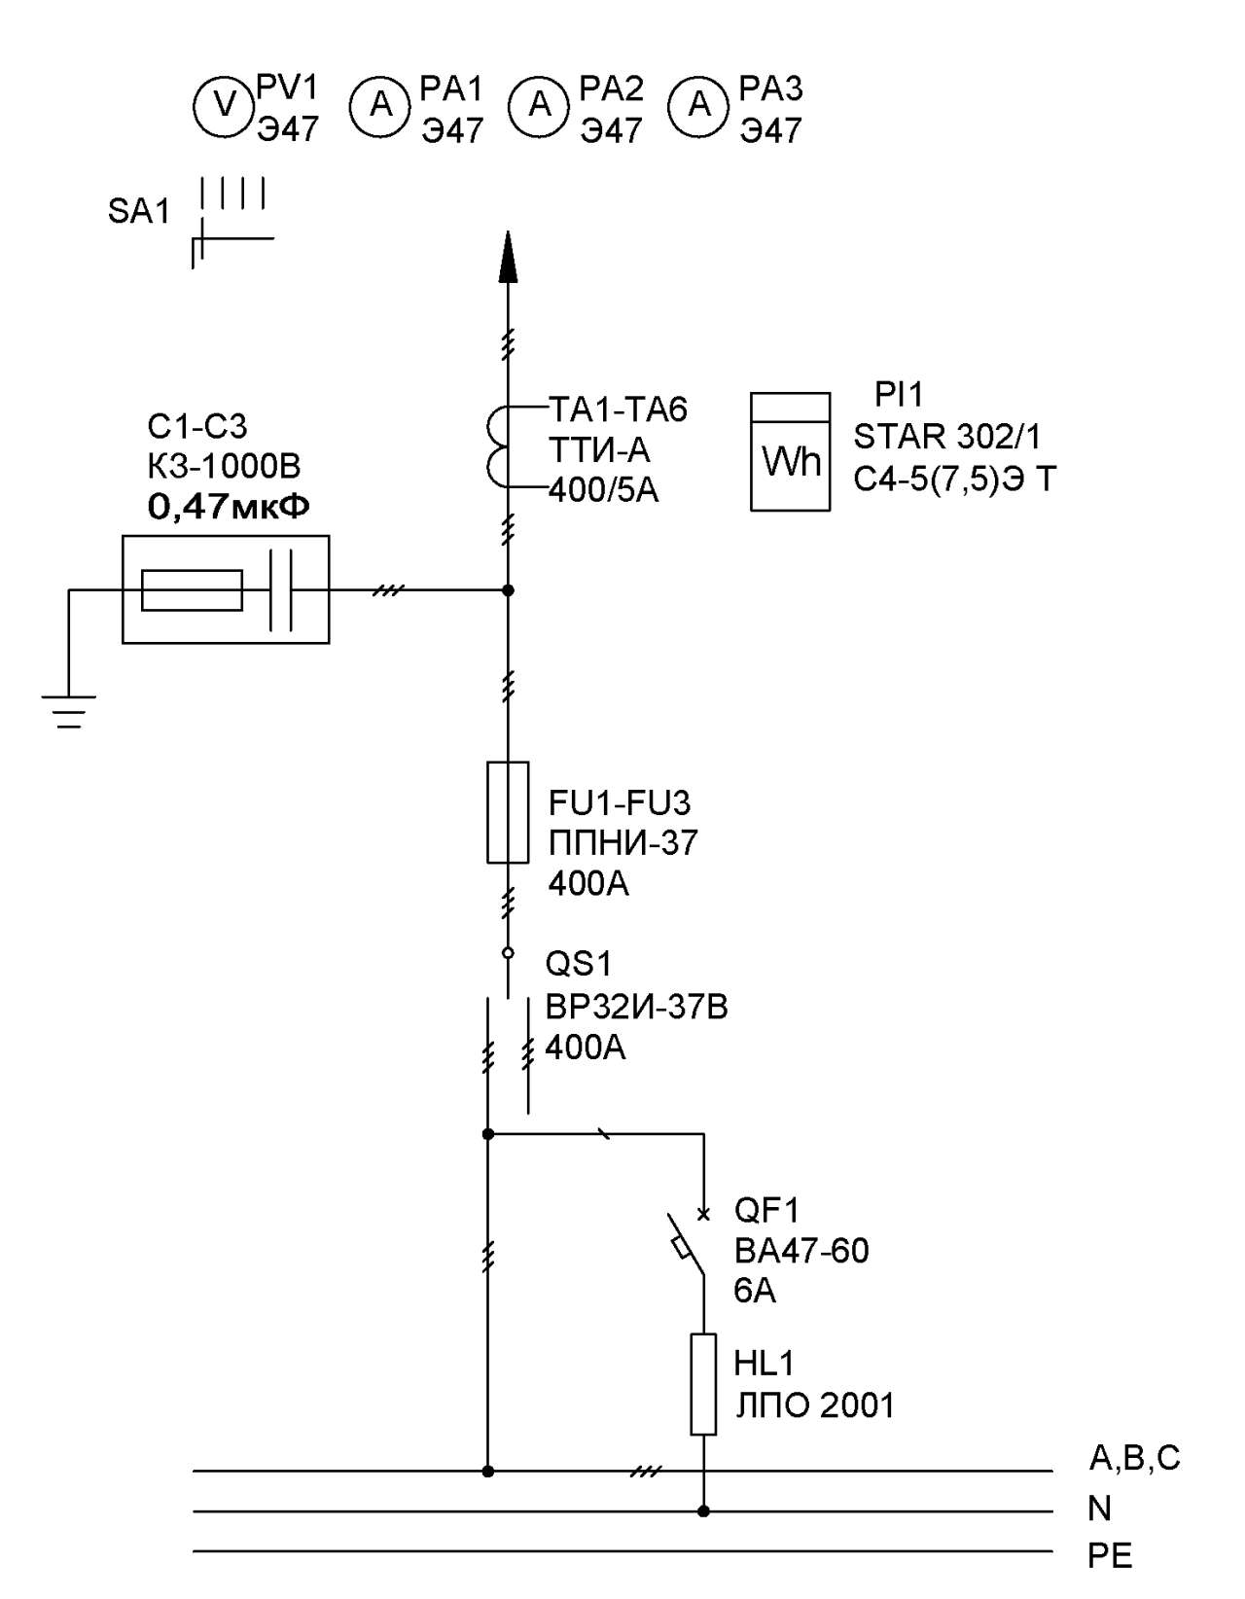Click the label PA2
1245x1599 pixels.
click(611, 89)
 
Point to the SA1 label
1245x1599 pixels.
click(138, 212)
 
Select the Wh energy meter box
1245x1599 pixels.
click(790, 451)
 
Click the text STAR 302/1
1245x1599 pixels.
click(947, 437)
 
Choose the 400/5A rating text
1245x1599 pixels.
click(603, 490)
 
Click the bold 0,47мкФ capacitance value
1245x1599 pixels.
click(229, 507)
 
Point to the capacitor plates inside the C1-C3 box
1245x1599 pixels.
click(280, 589)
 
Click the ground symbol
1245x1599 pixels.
click(68, 712)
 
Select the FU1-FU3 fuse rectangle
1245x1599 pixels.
click(508, 811)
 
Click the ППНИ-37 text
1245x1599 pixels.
click(622, 843)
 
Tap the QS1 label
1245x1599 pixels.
click(579, 964)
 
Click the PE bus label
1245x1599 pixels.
click(1110, 1556)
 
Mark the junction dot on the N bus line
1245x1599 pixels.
click(703, 1510)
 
